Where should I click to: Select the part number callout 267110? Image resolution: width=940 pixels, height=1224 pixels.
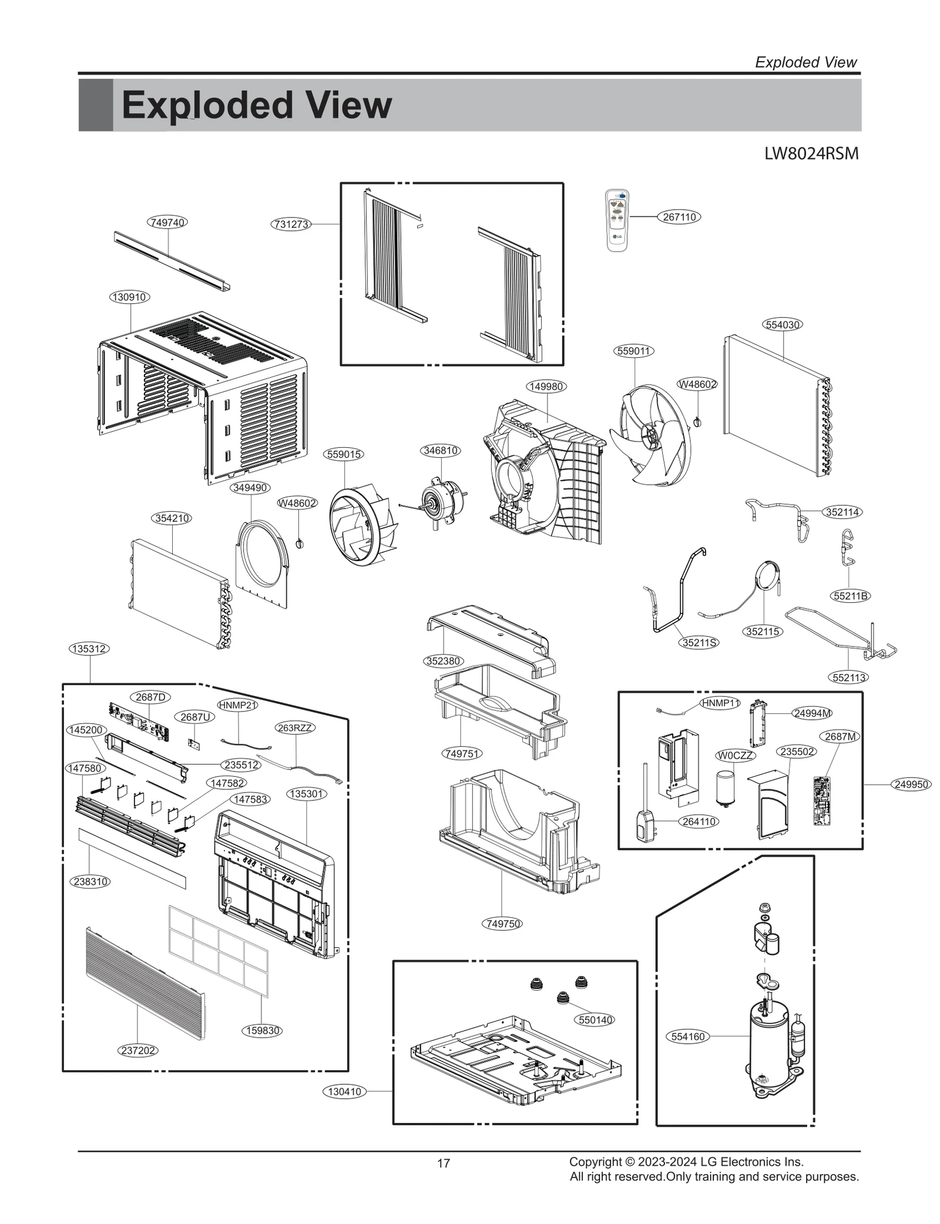pyautogui.click(x=679, y=217)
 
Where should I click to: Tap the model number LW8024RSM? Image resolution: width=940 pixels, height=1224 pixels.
pyautogui.click(x=811, y=154)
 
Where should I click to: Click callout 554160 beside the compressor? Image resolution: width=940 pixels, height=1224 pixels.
pyautogui.click(x=687, y=1037)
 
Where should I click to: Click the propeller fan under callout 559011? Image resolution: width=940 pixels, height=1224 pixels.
pyautogui.click(x=650, y=435)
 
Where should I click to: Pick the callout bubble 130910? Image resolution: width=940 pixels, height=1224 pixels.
pyautogui.click(x=129, y=297)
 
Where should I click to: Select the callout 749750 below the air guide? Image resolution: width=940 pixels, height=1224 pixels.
pyautogui.click(x=503, y=924)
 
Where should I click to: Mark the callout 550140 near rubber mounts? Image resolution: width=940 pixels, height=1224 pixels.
pyautogui.click(x=595, y=1020)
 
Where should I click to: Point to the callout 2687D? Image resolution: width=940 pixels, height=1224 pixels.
pyautogui.click(x=150, y=697)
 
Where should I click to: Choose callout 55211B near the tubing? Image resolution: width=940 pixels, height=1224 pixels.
pyautogui.click(x=851, y=596)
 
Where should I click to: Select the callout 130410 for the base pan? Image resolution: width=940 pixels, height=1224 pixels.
pyautogui.click(x=345, y=1092)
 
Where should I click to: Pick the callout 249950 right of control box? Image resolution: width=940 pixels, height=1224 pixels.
pyautogui.click(x=911, y=784)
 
